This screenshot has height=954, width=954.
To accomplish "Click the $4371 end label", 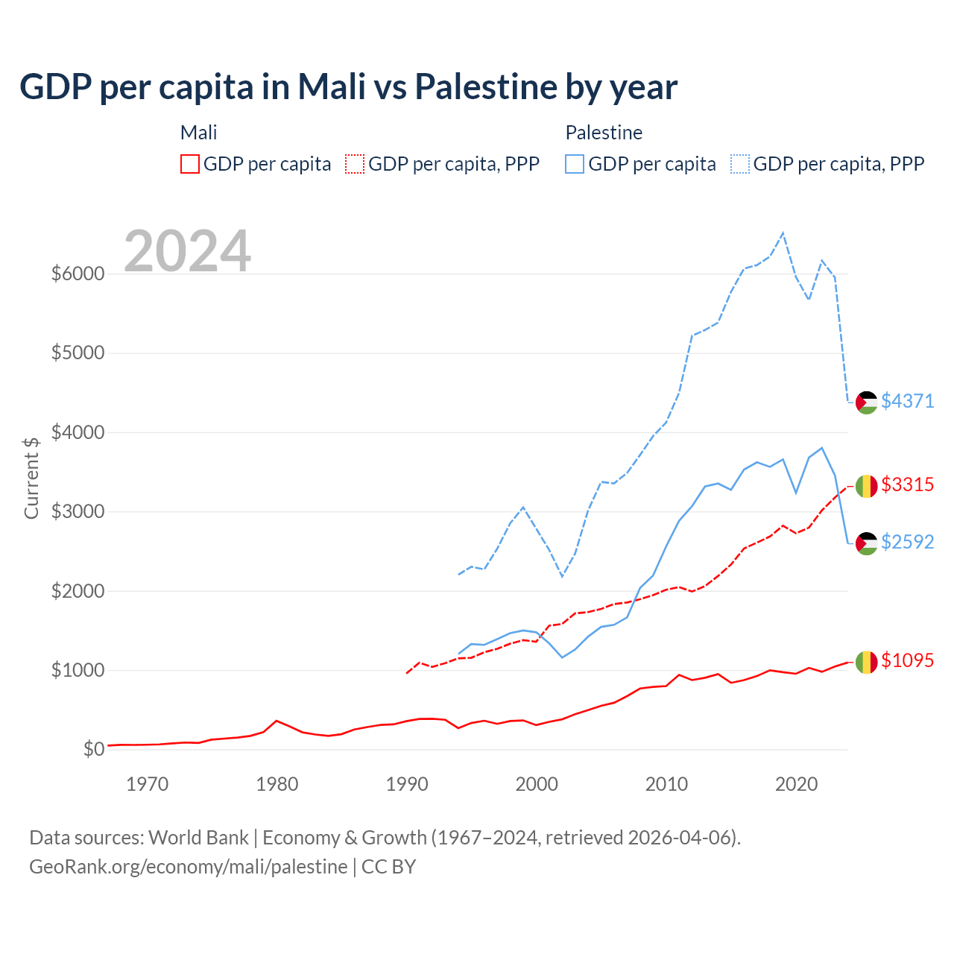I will [x=907, y=401].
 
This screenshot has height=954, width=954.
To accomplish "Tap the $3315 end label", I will [x=907, y=484].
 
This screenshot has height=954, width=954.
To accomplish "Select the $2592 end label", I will [x=907, y=542].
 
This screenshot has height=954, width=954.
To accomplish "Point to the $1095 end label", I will [x=907, y=660].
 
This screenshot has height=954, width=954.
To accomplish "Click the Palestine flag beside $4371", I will [x=866, y=402].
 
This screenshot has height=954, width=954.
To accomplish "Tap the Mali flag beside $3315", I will [x=866, y=486].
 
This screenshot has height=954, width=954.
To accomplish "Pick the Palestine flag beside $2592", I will [x=866, y=543].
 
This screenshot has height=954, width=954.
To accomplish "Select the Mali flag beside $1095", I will [x=866, y=662].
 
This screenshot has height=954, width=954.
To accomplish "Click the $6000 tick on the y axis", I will [x=78, y=274].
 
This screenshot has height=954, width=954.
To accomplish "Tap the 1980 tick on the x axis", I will [x=277, y=784].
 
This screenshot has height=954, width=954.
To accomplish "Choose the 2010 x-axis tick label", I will [x=666, y=784].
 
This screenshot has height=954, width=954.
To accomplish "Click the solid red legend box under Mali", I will [x=190, y=164].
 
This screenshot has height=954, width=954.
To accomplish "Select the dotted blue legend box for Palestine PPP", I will [x=740, y=164].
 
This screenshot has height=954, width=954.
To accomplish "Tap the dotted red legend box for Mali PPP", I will [x=355, y=164].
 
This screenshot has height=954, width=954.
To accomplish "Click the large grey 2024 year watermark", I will [x=187, y=251].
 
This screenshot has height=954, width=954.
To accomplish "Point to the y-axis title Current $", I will [x=31, y=477].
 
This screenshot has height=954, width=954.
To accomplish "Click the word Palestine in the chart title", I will [x=485, y=86].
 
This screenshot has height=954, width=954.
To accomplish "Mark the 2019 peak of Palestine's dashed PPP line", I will [x=783, y=233].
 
